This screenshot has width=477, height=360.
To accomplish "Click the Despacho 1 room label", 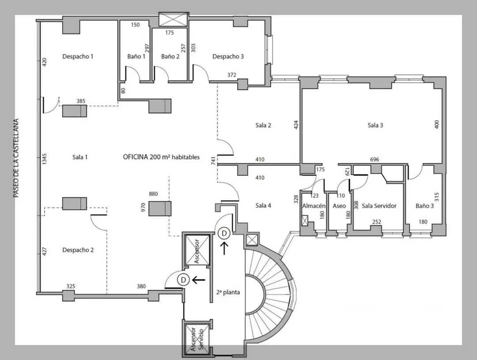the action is click(78, 56).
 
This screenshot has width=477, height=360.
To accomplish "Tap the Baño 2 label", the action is click(170, 56).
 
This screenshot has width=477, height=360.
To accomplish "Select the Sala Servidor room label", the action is click(379, 206).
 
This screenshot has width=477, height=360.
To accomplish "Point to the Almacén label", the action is click(314, 206).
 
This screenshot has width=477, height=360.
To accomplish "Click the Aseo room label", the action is click(339, 206).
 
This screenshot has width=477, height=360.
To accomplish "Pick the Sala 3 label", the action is click(375, 125).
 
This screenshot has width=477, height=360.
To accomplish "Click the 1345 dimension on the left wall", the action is click(45, 159).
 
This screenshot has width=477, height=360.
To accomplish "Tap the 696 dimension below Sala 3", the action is click(375, 159).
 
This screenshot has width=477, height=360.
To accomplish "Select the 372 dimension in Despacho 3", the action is click(232, 75).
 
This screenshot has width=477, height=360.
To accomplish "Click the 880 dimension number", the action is click(153, 194).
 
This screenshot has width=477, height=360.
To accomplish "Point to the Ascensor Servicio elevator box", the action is click(197, 338).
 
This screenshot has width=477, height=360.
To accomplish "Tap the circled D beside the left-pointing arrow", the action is click(183, 279).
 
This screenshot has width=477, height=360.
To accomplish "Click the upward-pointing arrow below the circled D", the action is click(224, 248).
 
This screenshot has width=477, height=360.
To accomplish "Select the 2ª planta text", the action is click(228, 292).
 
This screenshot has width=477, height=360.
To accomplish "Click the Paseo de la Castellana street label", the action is click(16, 158).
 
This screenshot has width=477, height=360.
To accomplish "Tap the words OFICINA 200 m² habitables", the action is click(161, 157).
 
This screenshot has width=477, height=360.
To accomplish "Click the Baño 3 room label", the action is click(425, 206).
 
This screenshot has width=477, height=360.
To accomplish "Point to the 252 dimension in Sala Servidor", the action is click(377, 222).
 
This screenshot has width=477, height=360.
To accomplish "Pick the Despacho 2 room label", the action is click(78, 250).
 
